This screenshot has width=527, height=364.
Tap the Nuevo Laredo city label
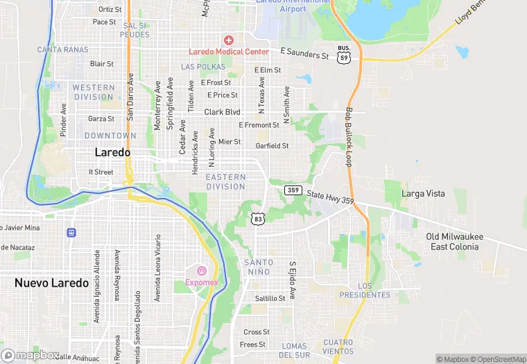tap(51, 283)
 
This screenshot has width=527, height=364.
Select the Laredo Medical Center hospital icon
tap(228, 40)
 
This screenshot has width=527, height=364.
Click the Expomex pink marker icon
tap(202, 271)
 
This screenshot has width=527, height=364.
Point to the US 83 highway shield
tap(258, 219)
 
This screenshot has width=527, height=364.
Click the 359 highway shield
tap(293, 190)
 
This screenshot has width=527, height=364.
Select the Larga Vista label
tap(424, 194)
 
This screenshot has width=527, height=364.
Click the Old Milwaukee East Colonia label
tap(454, 242)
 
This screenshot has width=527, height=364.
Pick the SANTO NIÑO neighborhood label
tap(259, 267)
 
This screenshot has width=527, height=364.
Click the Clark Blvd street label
tap(222, 112)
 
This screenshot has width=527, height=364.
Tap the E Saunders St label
tap(304, 53)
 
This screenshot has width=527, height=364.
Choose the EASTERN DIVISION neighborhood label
tap(225, 182)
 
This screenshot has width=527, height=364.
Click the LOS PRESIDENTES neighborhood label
tap(365, 290)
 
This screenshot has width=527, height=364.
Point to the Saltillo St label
tap(270, 298)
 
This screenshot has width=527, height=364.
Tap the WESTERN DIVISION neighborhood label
tap(93, 92)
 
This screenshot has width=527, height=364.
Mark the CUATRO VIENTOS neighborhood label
tap(338, 347)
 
